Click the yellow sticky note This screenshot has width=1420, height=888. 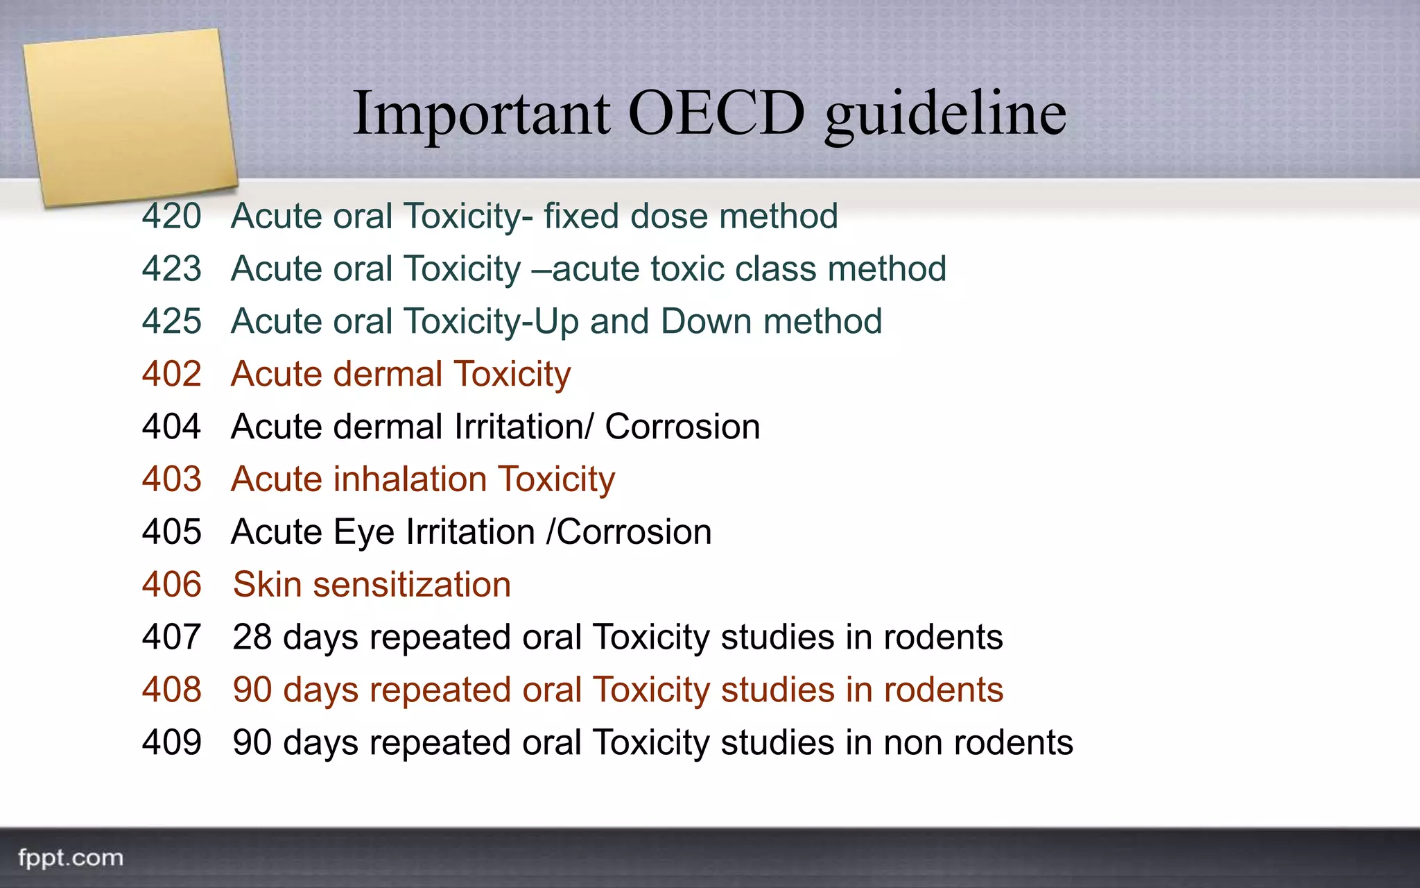(130, 117)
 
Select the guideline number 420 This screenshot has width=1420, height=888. (172, 216)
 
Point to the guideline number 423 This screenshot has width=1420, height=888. (172, 269)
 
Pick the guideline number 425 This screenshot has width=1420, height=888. (172, 322)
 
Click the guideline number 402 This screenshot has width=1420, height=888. (172, 375)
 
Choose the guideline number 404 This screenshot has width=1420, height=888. (172, 427)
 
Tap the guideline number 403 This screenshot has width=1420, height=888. (172, 480)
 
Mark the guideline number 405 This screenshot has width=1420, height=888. (172, 533)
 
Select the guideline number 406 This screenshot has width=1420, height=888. (172, 586)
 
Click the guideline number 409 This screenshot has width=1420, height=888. (172, 743)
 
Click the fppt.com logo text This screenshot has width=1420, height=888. (71, 858)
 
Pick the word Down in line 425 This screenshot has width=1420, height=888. (705, 322)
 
